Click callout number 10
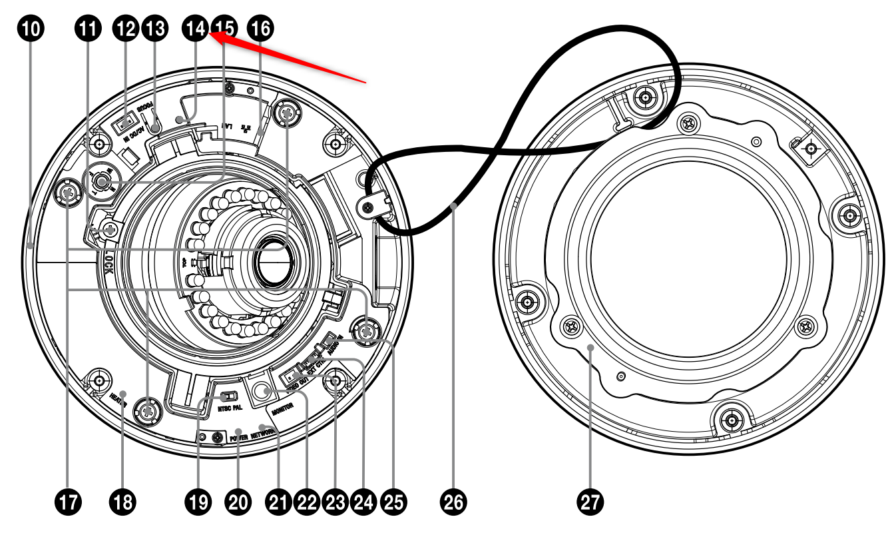32,29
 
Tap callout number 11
87,29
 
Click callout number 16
259,29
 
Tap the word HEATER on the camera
118,398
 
